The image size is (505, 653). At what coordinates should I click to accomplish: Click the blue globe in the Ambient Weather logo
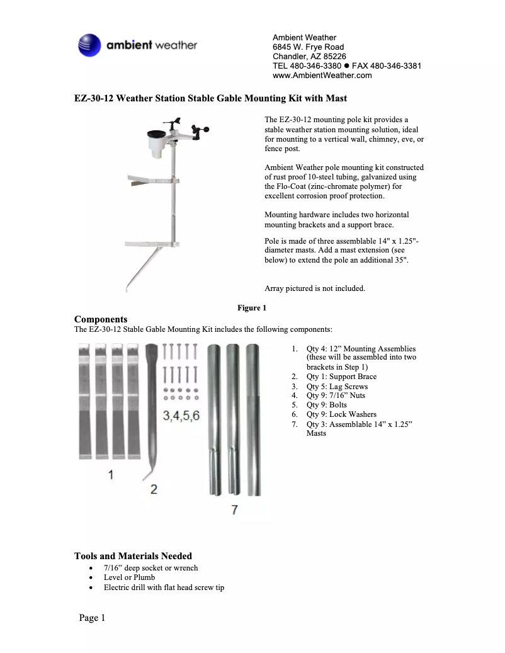pyautogui.click(x=89, y=45)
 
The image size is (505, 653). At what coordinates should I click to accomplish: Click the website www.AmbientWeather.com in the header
pyautogui.click(x=322, y=76)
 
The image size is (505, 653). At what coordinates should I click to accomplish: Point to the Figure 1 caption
pyautogui.click(x=252, y=308)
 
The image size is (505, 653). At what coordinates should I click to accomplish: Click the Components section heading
pyautogui.click(x=101, y=319)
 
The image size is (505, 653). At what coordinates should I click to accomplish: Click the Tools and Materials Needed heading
pyautogui.click(x=133, y=556)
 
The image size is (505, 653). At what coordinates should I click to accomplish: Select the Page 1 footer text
pyautogui.click(x=92, y=618)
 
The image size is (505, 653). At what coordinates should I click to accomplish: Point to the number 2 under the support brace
pyautogui.click(x=154, y=489)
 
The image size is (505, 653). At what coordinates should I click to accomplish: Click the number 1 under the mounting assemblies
pyautogui.click(x=111, y=475)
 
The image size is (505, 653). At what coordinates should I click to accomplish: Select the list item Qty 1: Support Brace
pyautogui.click(x=341, y=377)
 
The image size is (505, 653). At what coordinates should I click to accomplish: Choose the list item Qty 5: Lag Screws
pyautogui.click(x=337, y=386)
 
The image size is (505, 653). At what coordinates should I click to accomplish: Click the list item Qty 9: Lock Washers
pyautogui.click(x=341, y=414)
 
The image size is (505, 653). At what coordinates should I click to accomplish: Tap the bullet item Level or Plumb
pyautogui.click(x=129, y=577)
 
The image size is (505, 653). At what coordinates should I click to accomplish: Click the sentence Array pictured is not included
pyautogui.click(x=315, y=288)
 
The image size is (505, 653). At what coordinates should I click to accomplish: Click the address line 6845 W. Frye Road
pyautogui.click(x=308, y=47)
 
